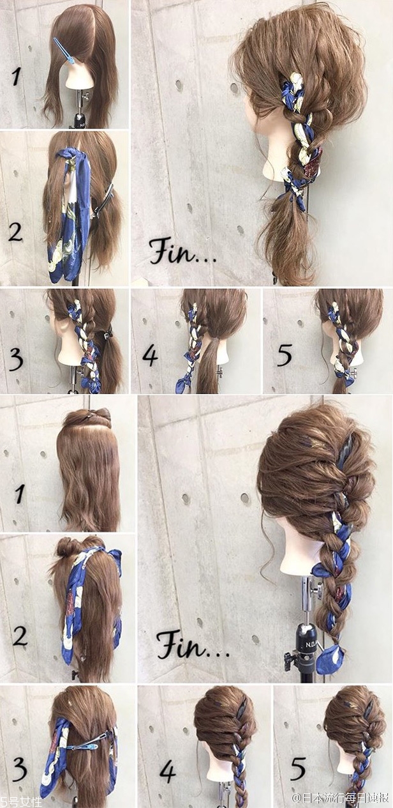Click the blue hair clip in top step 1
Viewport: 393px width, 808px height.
pos(64,51)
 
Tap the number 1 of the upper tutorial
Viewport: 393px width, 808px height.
pos(17,77)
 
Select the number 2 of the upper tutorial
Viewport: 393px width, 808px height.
pos(16,232)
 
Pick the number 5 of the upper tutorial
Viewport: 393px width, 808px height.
pos(285,355)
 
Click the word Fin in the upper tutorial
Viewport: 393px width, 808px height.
pos(172,251)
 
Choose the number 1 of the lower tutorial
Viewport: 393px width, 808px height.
pos(20,494)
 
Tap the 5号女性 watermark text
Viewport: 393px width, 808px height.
pos(21,802)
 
